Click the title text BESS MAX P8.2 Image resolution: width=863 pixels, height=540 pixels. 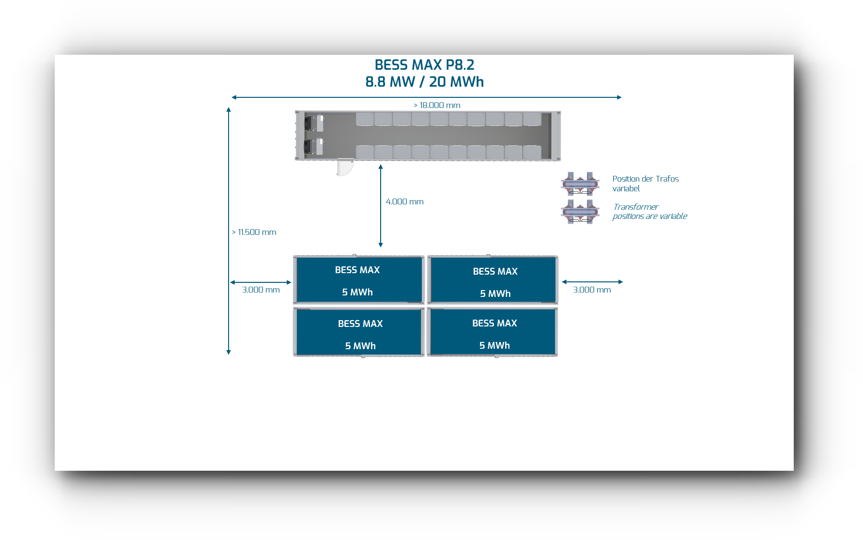424,65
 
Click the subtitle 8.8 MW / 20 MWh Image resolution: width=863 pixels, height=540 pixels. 424,82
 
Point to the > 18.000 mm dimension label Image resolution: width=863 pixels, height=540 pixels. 437,105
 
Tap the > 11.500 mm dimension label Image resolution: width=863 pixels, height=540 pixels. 254,232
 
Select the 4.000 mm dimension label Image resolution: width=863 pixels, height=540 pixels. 404,201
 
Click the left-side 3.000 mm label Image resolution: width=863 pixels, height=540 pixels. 261,290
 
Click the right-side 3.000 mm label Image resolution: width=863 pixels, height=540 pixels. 592,290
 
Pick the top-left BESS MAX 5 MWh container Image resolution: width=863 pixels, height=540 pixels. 359,279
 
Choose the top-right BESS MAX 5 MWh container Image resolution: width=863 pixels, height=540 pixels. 493,279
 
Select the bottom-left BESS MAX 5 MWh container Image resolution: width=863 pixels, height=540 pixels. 359,332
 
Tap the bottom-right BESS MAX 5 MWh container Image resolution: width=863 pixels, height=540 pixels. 493,332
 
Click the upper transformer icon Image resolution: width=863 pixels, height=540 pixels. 580,184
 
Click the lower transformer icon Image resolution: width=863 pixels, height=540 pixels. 580,212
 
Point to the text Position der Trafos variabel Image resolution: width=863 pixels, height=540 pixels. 645,184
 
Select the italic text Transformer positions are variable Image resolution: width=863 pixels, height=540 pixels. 649,212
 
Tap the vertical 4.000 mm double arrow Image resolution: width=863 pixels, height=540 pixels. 381,206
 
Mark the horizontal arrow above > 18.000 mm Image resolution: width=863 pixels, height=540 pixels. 426,97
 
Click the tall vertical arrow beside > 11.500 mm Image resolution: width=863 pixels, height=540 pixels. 229,231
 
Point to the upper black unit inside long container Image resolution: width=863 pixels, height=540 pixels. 309,123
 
